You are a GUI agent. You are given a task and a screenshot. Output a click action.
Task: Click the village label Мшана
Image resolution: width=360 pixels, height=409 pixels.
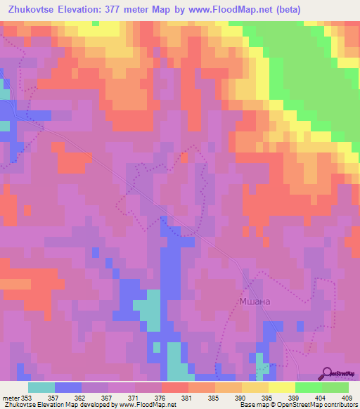coord(252,301)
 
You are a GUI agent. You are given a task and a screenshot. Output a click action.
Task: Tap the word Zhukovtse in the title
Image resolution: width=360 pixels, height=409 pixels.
coord(29,10)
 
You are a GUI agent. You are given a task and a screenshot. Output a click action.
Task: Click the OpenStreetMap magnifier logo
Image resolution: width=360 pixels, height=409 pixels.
coord(328,372)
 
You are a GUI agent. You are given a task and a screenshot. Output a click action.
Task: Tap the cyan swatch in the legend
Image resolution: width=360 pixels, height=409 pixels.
coord(41,387)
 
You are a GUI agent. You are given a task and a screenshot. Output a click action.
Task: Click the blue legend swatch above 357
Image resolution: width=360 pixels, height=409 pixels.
coord(68,387)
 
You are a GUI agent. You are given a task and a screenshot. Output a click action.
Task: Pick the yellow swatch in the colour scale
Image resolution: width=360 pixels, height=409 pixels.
coord(282,387)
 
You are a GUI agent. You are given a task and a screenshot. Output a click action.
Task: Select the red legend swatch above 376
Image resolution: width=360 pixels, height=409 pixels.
coord(175,387)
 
